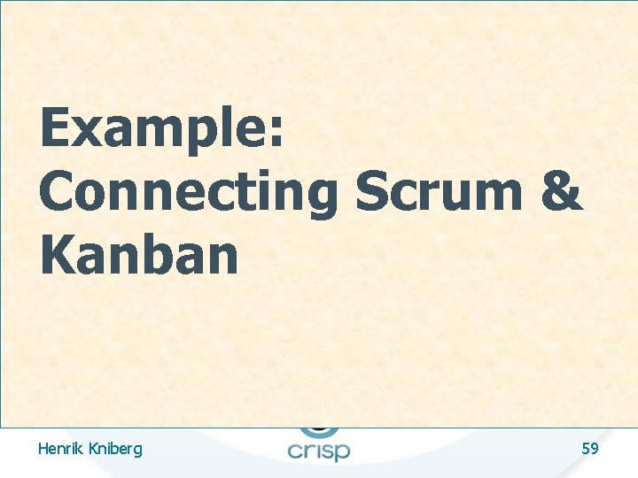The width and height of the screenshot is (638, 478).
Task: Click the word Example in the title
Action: pyautogui.click(x=151, y=129)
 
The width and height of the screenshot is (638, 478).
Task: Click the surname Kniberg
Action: pyautogui.click(x=114, y=450)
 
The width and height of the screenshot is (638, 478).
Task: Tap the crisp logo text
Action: pyautogui.click(x=318, y=450)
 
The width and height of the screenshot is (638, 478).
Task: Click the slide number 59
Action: pyautogui.click(x=590, y=449)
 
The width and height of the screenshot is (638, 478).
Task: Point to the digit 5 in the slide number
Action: pyautogui.click(x=586, y=449)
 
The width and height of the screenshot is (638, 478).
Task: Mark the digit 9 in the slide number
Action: pyautogui.click(x=595, y=449)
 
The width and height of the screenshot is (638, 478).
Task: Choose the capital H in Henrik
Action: pyautogui.click(x=43, y=449)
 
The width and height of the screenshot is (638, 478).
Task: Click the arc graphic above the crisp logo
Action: pyautogui.click(x=318, y=431)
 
